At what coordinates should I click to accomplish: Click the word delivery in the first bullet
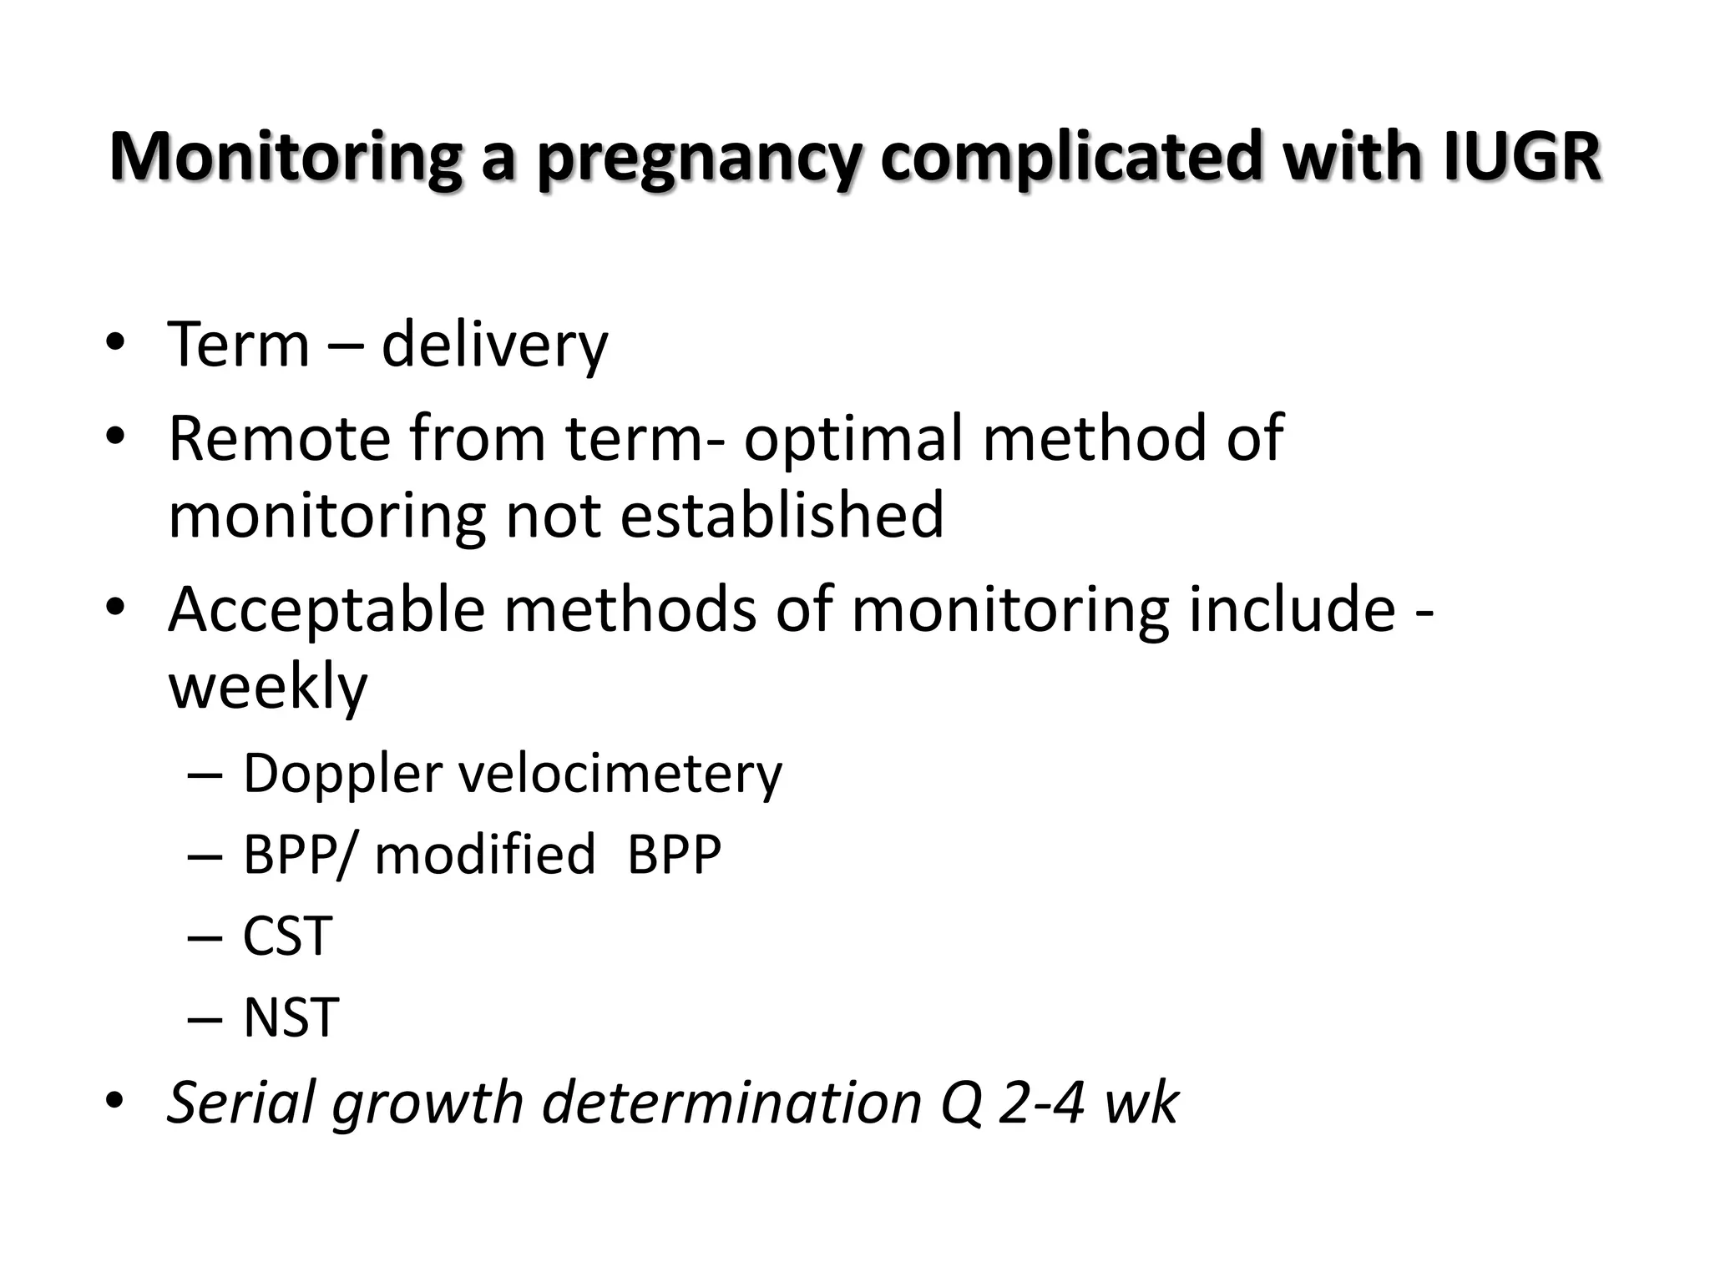pos(494,345)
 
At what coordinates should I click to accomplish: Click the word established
pos(782,515)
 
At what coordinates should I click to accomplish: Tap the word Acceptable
pos(326,610)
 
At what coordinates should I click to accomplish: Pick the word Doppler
pos(342,775)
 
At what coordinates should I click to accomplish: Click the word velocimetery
pos(620,775)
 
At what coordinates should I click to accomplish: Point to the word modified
pos(484,855)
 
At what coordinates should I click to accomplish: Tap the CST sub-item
pos(287,936)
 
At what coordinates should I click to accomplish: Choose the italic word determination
pos(731,1103)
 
